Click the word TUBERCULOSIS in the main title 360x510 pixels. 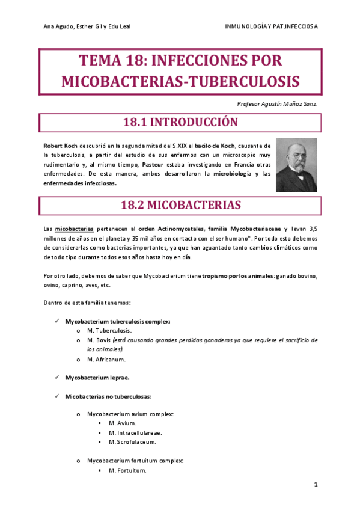[246, 81]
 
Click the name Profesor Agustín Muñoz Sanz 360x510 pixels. [278, 103]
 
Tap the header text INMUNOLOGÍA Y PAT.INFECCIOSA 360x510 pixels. [271, 27]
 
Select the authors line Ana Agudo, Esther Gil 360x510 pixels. [87, 27]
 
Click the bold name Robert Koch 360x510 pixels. [61, 146]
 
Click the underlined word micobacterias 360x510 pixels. [74, 229]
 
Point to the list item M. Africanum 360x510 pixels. [106, 359]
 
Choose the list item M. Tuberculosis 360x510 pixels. [109, 330]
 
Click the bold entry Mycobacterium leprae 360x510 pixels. [97, 378]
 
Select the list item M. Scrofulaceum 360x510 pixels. [132, 442]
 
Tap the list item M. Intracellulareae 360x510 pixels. [135, 432]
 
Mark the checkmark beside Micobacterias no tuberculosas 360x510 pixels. [56, 396]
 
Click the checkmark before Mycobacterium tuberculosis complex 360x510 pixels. [56, 321]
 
